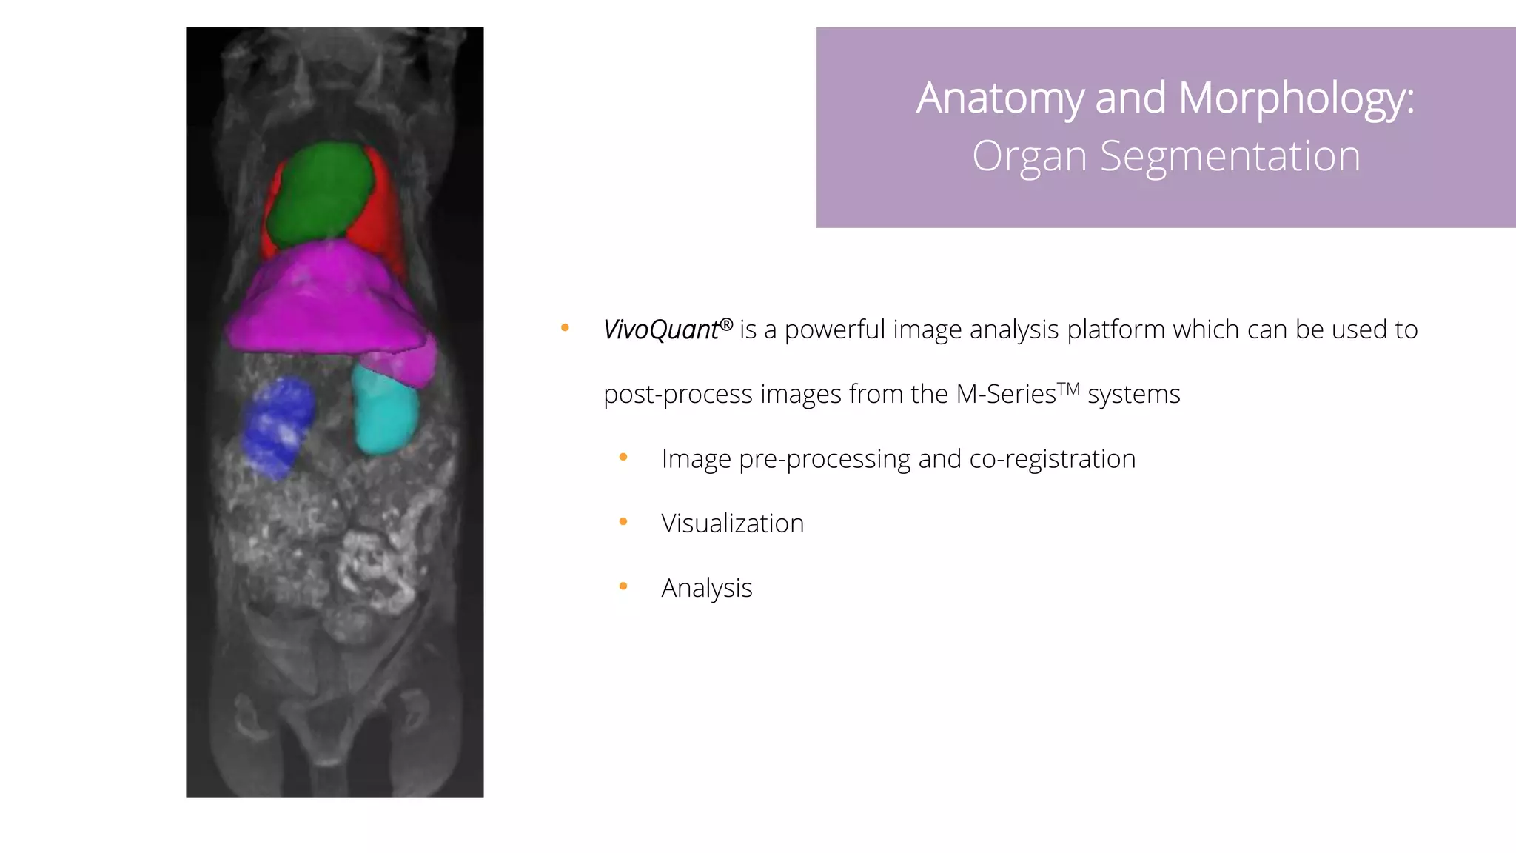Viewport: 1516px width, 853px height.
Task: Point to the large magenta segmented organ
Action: pos(326,304)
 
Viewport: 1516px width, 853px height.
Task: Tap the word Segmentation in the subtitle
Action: pos(1230,156)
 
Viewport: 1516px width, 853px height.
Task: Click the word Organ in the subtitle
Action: pos(1029,158)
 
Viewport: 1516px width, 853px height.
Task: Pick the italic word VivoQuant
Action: pos(660,330)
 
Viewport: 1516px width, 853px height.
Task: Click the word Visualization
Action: pos(732,523)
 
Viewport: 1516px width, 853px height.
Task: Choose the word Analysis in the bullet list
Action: pos(706,588)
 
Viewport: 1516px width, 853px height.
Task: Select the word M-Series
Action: pos(1006,394)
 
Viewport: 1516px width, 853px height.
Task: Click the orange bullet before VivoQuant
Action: pos(565,328)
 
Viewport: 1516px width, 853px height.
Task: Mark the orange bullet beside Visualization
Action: pos(623,522)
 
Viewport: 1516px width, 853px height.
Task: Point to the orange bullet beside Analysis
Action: pos(623,586)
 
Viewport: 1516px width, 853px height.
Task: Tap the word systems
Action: pos(1133,395)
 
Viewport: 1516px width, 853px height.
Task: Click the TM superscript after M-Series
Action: pos(1068,388)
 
